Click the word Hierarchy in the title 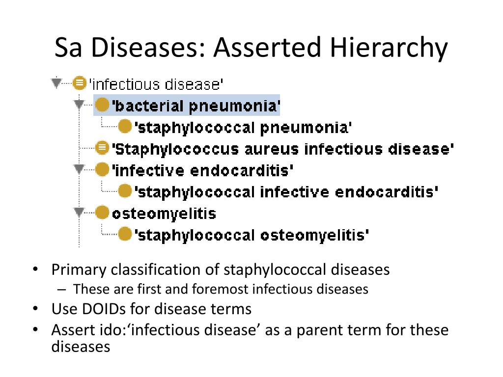pyautogui.click(x=389, y=48)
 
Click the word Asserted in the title pyautogui.click(x=268, y=48)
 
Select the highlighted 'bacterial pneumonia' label pyautogui.click(x=196, y=106)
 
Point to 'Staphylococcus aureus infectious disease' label pyautogui.click(x=283, y=148)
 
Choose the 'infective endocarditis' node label pyautogui.click(x=203, y=170)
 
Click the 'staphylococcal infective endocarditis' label pyautogui.click(x=286, y=191)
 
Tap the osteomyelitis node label pyautogui.click(x=164, y=214)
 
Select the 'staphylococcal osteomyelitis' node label pyautogui.click(x=251, y=235)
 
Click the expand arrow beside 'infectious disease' pyautogui.click(x=57, y=83)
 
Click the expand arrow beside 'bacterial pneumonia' pyautogui.click(x=79, y=105)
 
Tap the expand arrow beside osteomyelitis pyautogui.click(x=79, y=213)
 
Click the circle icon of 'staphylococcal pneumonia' pyautogui.click(x=125, y=127)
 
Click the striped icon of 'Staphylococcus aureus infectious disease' pyautogui.click(x=102, y=147)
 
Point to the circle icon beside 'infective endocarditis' pyautogui.click(x=102, y=170)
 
